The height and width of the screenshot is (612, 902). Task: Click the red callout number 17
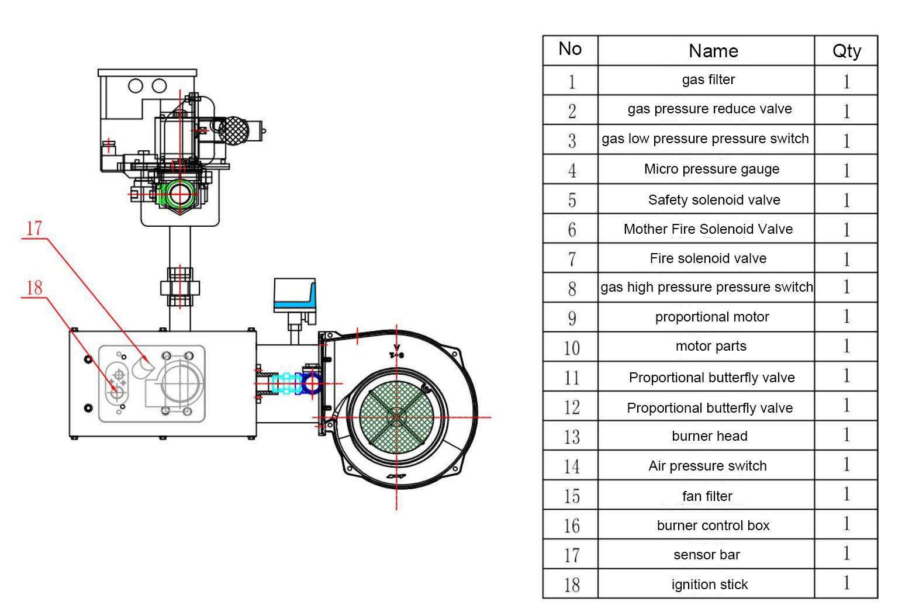point(34,229)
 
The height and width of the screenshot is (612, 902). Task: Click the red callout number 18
point(34,288)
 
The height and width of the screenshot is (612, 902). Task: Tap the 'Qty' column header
point(847,51)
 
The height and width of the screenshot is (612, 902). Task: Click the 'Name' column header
point(714,51)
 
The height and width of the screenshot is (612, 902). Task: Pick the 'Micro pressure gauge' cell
point(711,169)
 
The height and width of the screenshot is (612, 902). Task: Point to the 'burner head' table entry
point(710,435)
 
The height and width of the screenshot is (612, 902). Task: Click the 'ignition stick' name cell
point(710,584)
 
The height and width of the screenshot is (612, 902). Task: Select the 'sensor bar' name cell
point(707,554)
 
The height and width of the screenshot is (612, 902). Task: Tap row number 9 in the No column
point(572,318)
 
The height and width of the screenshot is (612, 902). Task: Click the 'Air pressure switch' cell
point(707,466)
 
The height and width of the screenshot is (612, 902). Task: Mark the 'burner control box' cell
point(713,525)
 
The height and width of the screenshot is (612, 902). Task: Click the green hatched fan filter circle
point(397,417)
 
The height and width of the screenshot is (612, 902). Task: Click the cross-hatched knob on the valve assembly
point(234,130)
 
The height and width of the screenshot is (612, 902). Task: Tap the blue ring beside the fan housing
point(311,383)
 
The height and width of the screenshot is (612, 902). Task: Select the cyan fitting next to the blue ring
point(286,383)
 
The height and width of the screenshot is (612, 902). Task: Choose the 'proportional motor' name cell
point(712,317)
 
